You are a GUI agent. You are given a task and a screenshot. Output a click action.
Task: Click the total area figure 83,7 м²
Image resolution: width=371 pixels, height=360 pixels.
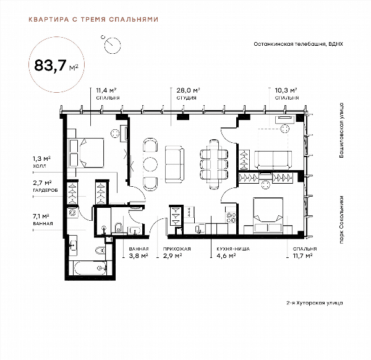[56, 66]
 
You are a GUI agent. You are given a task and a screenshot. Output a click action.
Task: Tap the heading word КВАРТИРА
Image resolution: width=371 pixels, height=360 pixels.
[49, 19]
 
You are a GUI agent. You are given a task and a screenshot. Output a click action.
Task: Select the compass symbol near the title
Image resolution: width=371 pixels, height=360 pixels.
[112, 45]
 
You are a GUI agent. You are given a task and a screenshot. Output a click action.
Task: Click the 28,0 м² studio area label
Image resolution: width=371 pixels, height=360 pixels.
[189, 93]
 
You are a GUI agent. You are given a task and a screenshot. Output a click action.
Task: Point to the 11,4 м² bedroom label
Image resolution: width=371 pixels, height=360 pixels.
[108, 93]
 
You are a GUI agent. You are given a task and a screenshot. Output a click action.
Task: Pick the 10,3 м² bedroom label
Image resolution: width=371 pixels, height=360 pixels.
[286, 93]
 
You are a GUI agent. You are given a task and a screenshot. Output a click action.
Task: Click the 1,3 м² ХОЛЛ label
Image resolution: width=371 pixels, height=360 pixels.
[41, 161]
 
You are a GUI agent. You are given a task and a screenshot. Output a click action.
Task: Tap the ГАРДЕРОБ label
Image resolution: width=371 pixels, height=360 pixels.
[45, 190]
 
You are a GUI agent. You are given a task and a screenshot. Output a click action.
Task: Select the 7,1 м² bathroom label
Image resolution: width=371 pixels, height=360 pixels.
[43, 220]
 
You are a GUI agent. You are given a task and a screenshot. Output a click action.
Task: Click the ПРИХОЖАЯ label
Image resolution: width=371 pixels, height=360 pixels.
[177, 249]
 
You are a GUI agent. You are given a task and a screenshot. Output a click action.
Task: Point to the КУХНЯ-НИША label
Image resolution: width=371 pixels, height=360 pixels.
[233, 249]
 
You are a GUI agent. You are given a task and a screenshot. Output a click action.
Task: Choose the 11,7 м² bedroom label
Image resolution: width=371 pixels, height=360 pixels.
[305, 252]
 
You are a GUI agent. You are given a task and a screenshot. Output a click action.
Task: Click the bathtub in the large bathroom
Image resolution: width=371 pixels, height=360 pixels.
[90, 268]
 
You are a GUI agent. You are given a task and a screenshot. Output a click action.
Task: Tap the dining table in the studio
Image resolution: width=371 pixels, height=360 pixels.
[214, 165]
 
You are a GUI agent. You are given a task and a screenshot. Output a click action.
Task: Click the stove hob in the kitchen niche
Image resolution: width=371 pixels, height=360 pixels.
[231, 218]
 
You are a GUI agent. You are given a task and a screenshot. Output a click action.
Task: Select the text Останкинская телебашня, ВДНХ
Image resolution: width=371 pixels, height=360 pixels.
[298, 44]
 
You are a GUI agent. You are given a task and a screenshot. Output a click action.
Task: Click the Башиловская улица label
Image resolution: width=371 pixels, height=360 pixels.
[341, 131]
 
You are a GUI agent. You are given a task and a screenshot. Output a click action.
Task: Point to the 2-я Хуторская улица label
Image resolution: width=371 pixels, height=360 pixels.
[315, 302]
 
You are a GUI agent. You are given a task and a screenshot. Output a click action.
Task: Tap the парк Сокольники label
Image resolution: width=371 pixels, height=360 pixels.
[341, 220]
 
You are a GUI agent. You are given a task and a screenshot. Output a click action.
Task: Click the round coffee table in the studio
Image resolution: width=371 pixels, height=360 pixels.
[150, 164]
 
